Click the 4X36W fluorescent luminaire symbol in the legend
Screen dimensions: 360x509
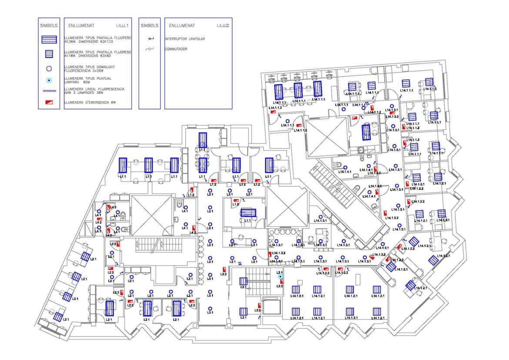coord(49,40)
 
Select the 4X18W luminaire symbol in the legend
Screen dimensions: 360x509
coord(49,54)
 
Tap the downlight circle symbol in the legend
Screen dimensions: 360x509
coord(49,68)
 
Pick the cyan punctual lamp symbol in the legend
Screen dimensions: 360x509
coord(49,81)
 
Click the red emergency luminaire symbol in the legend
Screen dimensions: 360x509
coord(49,102)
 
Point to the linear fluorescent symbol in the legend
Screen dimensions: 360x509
coord(49,91)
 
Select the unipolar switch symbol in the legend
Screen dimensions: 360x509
coord(151,39)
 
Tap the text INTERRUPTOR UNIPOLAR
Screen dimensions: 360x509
coord(185,39)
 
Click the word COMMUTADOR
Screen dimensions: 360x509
coord(176,49)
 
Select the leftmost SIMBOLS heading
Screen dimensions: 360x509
coord(48,26)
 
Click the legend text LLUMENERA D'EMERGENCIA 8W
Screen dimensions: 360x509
coord(91,102)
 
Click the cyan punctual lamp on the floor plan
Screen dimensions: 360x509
coord(280,276)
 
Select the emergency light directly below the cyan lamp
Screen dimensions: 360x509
coord(281,283)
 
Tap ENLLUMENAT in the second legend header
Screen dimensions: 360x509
coord(181,26)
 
